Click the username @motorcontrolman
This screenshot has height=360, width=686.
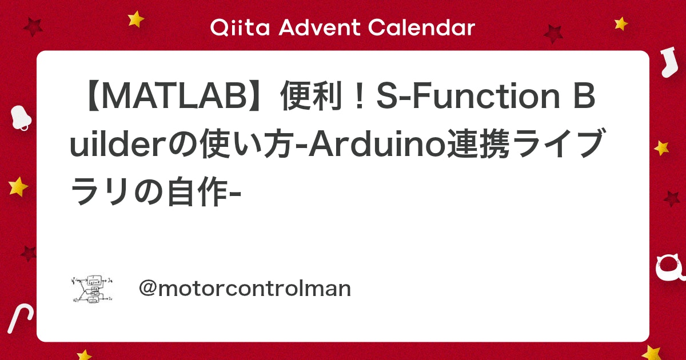(245, 289)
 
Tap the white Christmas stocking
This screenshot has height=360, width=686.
(668, 63)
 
